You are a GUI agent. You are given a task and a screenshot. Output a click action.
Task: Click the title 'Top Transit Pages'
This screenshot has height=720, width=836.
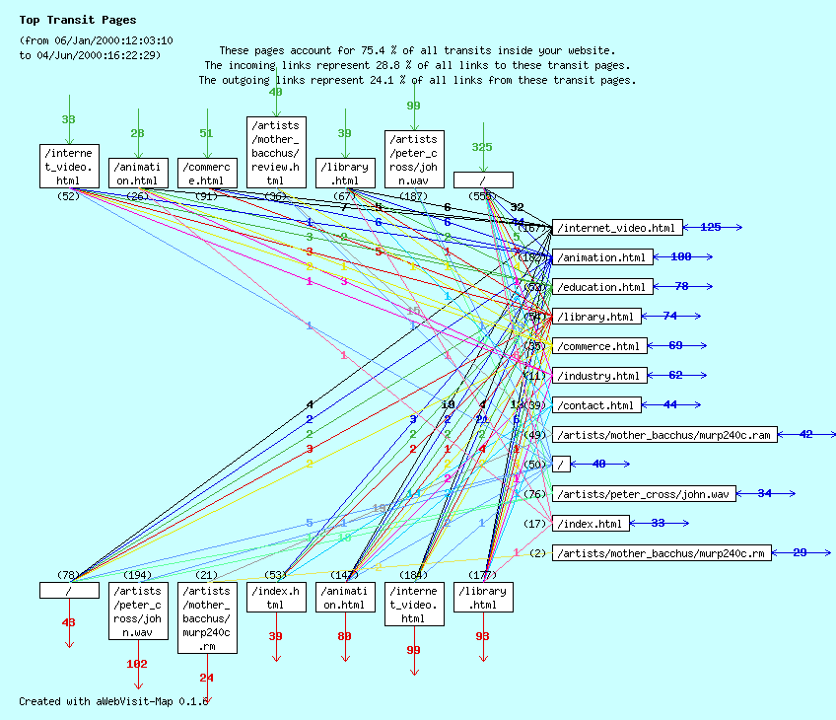pyautogui.click(x=78, y=20)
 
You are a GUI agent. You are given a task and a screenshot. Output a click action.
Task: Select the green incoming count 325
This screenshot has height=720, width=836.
pyautogui.click(x=482, y=147)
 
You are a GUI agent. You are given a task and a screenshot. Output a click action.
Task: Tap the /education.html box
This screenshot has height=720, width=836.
pyautogui.click(x=601, y=287)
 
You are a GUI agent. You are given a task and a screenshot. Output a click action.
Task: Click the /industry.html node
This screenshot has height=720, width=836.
pyautogui.click(x=598, y=376)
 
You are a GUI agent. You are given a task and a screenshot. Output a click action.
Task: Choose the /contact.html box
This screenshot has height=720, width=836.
pyautogui.click(x=595, y=405)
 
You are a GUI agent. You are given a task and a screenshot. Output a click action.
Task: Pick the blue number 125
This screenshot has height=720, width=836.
pyautogui.click(x=710, y=227)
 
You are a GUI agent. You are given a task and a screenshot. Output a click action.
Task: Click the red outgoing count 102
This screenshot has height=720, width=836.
pyautogui.click(x=137, y=664)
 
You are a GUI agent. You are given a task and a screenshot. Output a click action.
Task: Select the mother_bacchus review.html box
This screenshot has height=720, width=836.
pyautogui.click(x=276, y=153)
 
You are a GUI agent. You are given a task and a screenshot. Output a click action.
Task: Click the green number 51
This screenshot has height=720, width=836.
pyautogui.click(x=206, y=133)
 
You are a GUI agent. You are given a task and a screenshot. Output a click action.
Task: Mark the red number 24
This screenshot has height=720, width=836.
pyautogui.click(x=206, y=678)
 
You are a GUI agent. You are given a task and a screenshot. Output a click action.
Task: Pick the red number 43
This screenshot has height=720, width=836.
pyautogui.click(x=68, y=622)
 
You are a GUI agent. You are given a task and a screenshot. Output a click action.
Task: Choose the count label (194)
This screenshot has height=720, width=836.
pyautogui.click(x=138, y=575)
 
